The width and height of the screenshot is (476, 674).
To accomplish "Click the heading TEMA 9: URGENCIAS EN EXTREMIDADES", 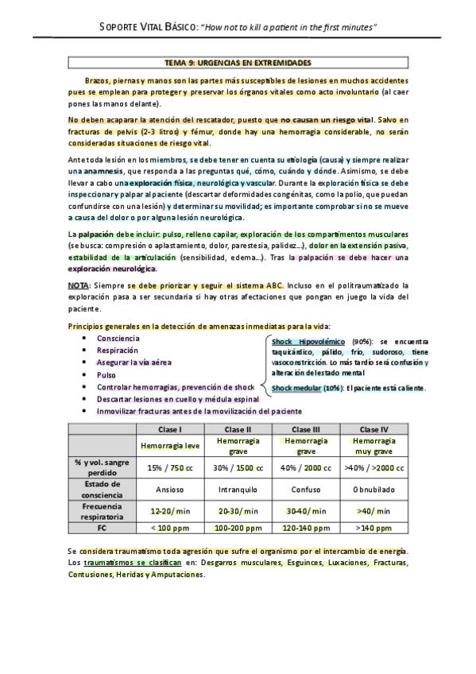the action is tap(238, 62).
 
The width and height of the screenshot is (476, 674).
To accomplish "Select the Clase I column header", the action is tap(171, 429).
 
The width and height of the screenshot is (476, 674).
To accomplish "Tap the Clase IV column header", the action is tap(373, 429).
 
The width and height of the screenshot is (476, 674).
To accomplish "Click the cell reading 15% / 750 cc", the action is tap(171, 467).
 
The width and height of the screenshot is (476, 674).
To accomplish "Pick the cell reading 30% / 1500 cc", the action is tap(238, 467).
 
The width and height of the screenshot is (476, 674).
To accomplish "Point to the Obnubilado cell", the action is tap(373, 489).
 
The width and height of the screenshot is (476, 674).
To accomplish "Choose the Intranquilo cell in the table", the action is tap(238, 489).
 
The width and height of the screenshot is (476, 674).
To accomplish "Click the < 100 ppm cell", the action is tap(171, 527).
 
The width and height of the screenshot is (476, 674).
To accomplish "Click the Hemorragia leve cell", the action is tap(171, 446).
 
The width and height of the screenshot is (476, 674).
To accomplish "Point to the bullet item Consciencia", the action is tap(120, 338).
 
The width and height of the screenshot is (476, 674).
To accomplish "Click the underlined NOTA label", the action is tap(79, 284).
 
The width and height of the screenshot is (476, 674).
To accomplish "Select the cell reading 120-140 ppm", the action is tap(306, 527).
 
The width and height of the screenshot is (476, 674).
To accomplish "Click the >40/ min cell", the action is tap(373, 510).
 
